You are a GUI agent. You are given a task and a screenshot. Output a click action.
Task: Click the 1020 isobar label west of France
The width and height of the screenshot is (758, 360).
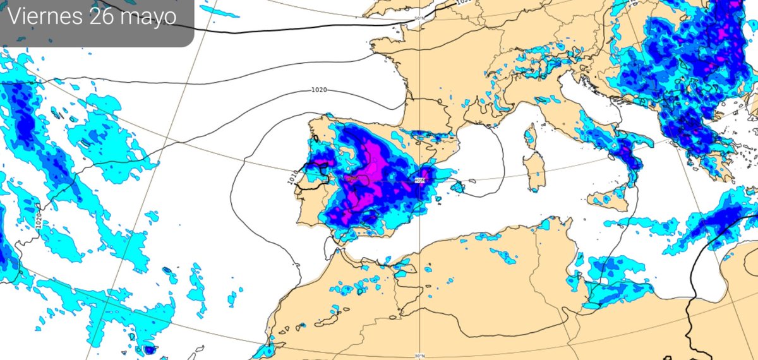click(319, 90)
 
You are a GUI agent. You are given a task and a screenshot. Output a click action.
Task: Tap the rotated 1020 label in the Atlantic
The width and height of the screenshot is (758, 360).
click(39, 221)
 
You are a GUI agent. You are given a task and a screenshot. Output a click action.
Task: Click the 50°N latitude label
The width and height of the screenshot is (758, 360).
click(419, 18)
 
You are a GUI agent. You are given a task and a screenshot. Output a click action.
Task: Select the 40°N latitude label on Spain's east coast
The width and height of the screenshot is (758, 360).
click(420, 181)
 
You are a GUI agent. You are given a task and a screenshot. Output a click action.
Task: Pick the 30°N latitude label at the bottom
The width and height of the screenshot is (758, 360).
click(420, 356)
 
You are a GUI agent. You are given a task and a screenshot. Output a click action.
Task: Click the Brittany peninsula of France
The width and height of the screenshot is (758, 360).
click(382, 45)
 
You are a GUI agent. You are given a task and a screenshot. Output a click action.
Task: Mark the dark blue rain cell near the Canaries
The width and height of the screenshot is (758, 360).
click(150, 349)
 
